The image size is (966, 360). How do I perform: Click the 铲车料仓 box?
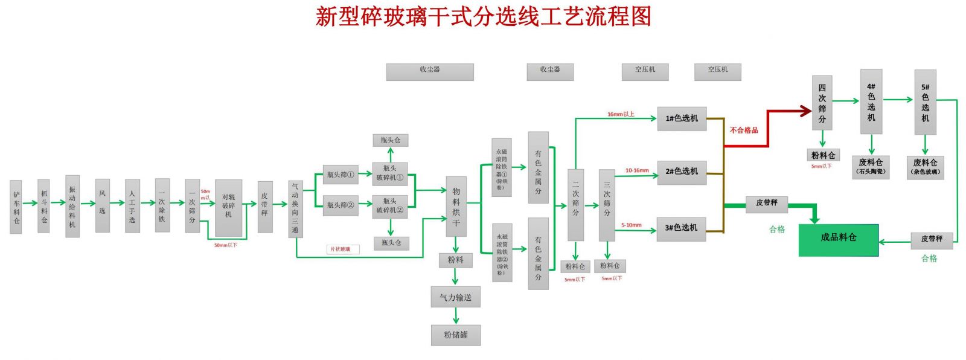tap(16, 207)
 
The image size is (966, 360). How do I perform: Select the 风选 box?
tap(102, 205)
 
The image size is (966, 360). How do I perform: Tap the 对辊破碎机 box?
tap(228, 207)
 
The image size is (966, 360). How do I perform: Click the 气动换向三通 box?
tap(295, 208)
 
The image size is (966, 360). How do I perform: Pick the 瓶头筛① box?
tap(341, 175)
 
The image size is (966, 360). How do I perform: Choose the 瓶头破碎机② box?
tap(390, 206)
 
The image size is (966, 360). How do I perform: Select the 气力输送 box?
tap(456, 297)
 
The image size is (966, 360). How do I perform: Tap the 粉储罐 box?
tap(456, 335)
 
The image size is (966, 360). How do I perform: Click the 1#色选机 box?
tap(682, 118)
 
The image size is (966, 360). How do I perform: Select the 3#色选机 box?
tap(681, 228)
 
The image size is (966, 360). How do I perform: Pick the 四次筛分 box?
tap(822, 103)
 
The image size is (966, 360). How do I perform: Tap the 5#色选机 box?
tap(925, 102)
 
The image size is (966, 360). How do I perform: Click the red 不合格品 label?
tap(744, 130)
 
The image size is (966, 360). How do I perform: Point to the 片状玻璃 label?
tap(342, 249)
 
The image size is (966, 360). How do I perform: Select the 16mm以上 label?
tap(621, 114)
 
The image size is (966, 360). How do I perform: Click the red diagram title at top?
tap(483, 16)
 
